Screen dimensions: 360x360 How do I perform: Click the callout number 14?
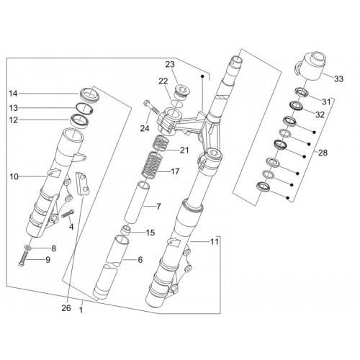(14, 94)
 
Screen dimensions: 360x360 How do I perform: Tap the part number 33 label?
(338, 78)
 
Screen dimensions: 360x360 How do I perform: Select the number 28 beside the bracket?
(323, 153)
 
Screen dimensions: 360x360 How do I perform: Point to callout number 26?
(66, 308)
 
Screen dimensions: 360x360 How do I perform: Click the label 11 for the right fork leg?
(215, 242)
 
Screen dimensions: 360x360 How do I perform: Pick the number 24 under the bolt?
(145, 129)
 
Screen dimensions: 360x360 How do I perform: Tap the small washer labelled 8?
(28, 247)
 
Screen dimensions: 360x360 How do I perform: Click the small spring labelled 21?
(161, 143)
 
